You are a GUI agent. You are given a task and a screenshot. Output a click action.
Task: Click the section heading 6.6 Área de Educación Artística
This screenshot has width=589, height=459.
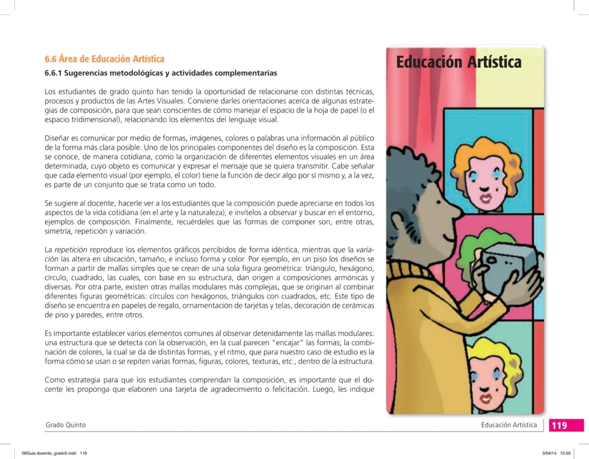point(104,59)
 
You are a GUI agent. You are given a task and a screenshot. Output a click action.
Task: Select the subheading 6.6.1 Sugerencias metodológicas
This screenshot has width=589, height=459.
point(160,74)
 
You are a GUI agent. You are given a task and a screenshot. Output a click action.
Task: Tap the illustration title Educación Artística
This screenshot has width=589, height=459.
point(458,62)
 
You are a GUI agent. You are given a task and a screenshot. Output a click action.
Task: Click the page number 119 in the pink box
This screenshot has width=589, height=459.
point(559,426)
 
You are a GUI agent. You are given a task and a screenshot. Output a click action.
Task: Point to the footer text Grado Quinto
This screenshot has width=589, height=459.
point(66,425)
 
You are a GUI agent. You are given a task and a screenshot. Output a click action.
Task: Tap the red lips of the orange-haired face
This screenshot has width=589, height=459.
point(486,198)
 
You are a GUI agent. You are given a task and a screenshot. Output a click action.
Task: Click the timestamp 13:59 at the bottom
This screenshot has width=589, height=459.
point(565,453)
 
